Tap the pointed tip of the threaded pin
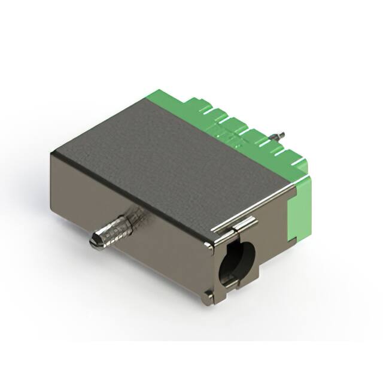[93, 242]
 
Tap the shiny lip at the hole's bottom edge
[227, 284]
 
